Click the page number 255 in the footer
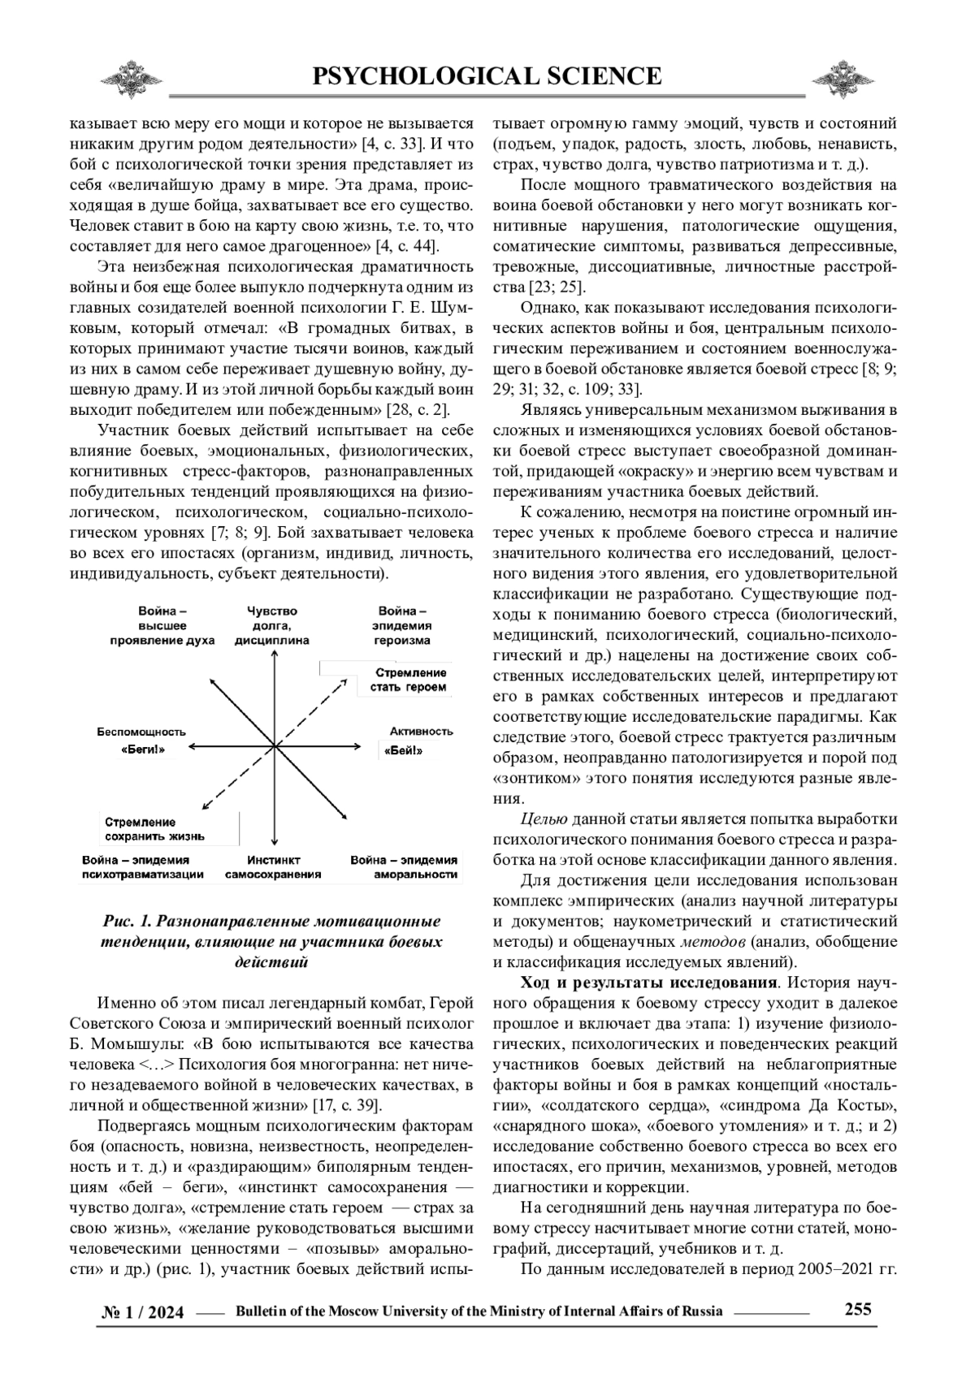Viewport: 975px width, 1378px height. pos(858,1308)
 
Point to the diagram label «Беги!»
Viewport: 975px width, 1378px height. pos(143,750)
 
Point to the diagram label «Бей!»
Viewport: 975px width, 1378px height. pos(408,750)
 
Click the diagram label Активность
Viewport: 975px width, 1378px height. pos(421,731)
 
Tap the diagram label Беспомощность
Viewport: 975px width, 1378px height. pos(141,731)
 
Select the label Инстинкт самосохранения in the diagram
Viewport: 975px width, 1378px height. pos(273,867)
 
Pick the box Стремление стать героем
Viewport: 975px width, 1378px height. pos(410,680)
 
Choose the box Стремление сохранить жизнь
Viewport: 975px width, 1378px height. pos(155,829)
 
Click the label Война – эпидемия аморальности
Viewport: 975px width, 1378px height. pos(404,867)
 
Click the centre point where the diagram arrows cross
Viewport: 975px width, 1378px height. pos(276,744)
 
